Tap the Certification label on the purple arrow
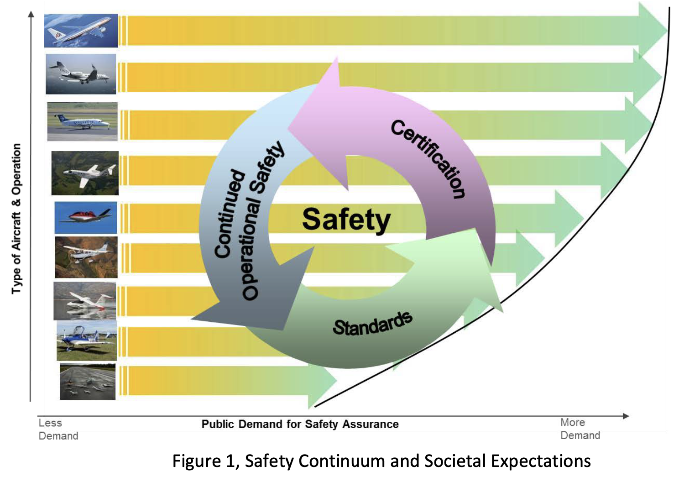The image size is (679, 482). coord(428,159)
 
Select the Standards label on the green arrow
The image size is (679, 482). coord(373,324)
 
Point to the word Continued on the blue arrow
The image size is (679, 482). coord(230,214)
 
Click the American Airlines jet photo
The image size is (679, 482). coord(81,31)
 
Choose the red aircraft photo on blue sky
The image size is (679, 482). coord(86,218)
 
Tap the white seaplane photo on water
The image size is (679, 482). coord(85,301)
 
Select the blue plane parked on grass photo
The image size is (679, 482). coord(87,341)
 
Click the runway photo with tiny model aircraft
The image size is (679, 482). coord(88,382)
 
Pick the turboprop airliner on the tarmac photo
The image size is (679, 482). coord(83,121)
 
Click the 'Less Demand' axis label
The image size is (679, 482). coord(58,429)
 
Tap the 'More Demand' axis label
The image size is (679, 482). coord(580,429)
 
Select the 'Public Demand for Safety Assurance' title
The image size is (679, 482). coord(300,424)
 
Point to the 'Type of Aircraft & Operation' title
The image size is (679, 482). coord(16,219)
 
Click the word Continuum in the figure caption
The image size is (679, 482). coord(343,461)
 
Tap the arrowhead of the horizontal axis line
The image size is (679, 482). coord(626,416)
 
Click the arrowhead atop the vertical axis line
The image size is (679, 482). coord(31,14)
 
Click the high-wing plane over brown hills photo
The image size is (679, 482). coord(86,257)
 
